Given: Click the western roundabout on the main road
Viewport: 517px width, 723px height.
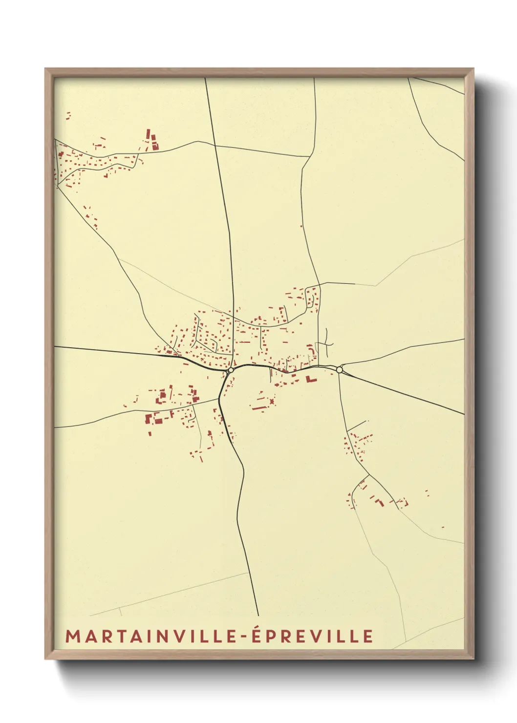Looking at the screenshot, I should click(230, 371).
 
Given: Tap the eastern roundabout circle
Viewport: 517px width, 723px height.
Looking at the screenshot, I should click(340, 370).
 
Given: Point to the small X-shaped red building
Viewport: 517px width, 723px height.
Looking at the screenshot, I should click(271, 402).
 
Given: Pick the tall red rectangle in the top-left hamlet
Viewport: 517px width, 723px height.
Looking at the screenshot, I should click(148, 135).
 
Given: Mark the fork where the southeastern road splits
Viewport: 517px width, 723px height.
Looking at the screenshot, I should click(368, 475).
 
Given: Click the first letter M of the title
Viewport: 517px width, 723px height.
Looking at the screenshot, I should click(72, 636).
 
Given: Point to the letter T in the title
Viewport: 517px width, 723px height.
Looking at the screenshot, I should click(117, 636).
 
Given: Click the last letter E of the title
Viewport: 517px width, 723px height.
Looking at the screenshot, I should click(368, 636).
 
